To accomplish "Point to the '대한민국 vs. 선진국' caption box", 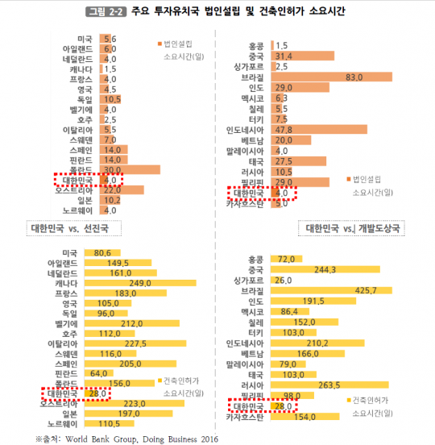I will pos(72,227).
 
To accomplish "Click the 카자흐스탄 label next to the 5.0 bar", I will pos(242,203).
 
